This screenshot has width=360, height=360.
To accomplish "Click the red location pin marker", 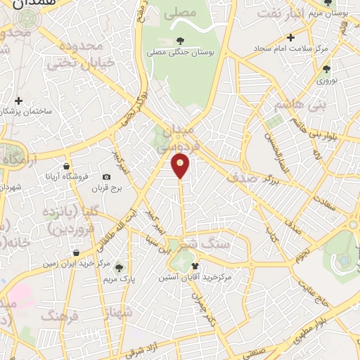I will (181, 166).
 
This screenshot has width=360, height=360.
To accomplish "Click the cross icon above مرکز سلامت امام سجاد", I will (290, 37).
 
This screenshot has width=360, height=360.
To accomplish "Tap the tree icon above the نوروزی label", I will (326, 69).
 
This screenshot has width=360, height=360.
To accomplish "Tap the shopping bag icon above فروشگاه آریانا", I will (66, 166).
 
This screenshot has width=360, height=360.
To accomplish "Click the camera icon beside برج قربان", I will (106, 177).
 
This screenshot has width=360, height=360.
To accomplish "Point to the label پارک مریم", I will (119, 278).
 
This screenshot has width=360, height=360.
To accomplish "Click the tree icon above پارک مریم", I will (119, 267).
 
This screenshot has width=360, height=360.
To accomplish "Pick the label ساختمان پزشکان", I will (25, 111).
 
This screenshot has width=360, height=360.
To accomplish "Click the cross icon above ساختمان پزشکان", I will (19, 101).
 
